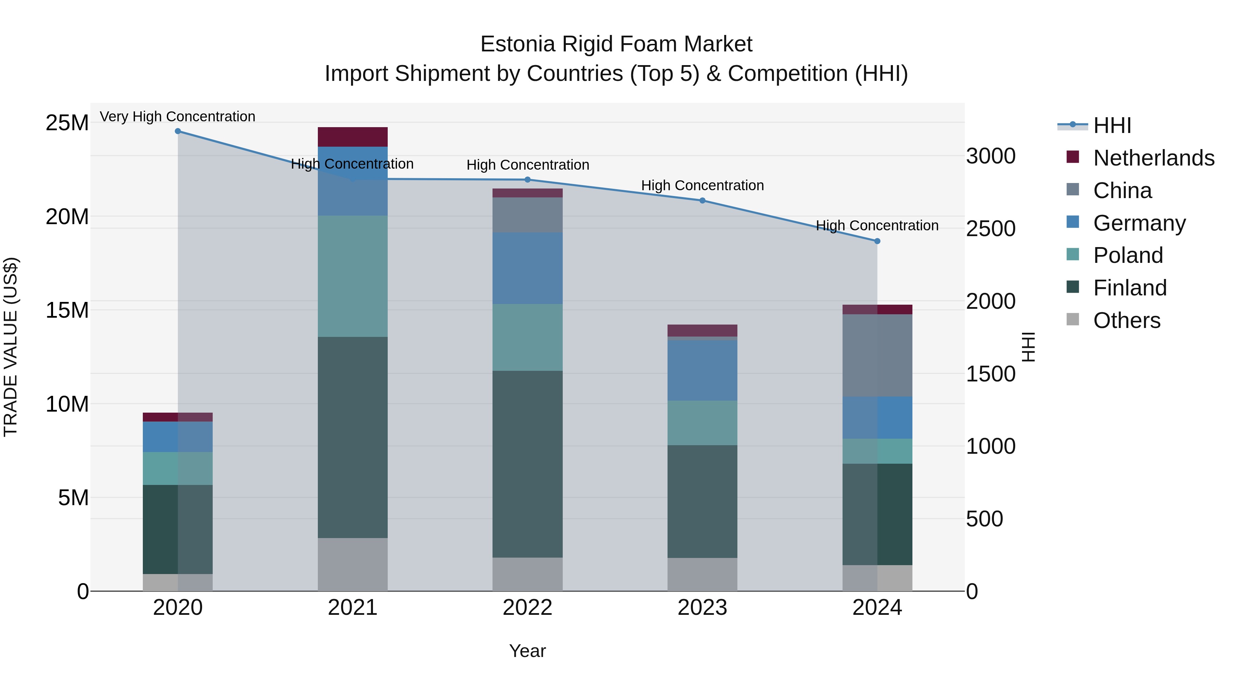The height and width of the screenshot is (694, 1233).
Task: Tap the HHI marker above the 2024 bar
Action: (877, 241)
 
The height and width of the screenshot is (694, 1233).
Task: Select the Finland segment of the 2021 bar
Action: (352, 437)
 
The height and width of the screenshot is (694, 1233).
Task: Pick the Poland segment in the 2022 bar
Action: (527, 337)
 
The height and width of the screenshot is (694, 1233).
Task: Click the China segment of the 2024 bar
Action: (877, 355)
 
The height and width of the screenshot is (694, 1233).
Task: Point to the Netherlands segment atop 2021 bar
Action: (352, 137)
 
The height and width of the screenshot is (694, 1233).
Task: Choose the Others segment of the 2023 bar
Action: (702, 574)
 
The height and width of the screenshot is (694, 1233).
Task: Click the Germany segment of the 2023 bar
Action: (702, 370)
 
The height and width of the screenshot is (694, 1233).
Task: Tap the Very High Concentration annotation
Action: (177, 117)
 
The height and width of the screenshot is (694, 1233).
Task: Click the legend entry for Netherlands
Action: (1154, 158)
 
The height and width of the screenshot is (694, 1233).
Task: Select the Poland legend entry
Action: (1128, 255)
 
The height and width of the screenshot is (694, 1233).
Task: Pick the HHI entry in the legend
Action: (1112, 125)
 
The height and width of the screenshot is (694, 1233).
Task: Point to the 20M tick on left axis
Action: (67, 217)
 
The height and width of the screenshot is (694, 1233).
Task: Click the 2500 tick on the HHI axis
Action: (990, 229)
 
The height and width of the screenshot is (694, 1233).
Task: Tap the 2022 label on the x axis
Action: (527, 608)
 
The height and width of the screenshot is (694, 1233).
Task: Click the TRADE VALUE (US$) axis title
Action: (11, 347)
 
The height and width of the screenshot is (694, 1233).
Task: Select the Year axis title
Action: (527, 651)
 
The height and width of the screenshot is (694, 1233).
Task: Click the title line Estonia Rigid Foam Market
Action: (616, 44)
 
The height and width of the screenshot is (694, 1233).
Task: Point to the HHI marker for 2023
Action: (702, 201)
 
